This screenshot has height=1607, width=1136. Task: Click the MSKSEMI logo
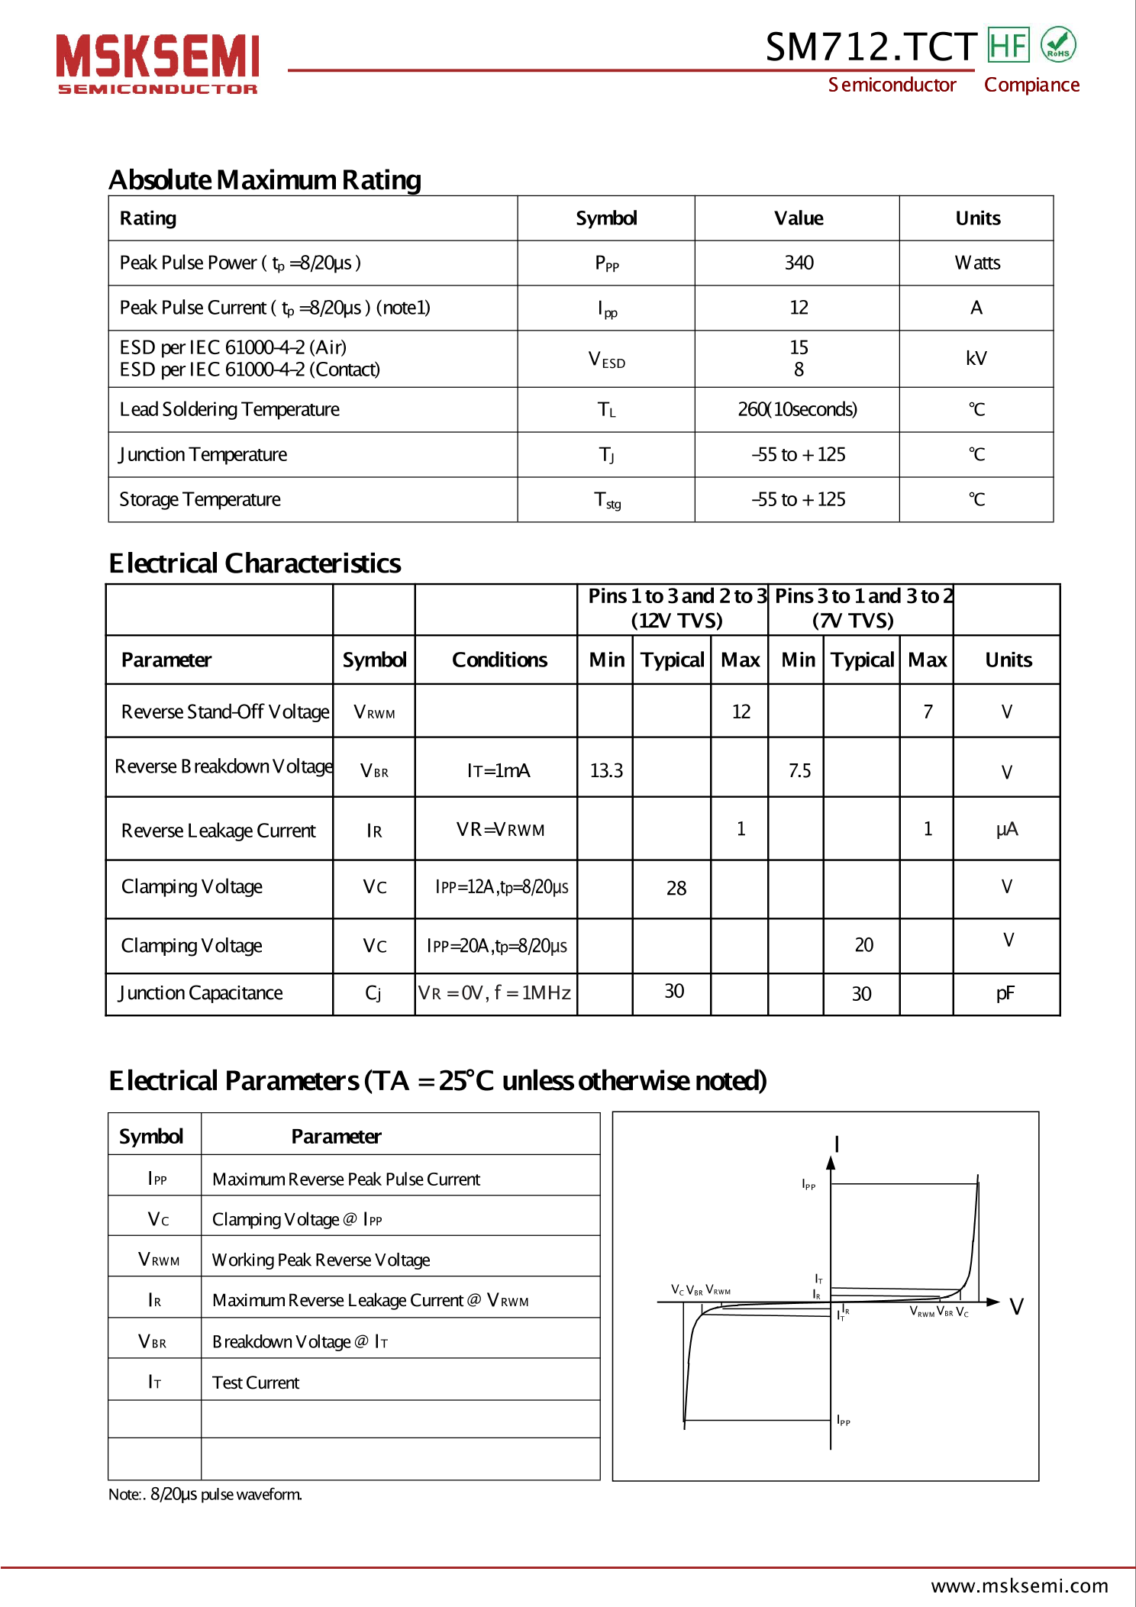157,63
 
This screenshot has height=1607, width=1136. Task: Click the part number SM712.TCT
870,47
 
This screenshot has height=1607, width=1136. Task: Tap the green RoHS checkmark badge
1057,44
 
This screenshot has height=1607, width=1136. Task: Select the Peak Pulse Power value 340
799,263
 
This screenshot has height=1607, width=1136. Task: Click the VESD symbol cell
606,359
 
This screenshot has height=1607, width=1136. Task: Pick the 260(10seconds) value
797,409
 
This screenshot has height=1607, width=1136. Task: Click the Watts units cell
976,263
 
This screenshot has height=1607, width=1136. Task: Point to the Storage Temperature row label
200,499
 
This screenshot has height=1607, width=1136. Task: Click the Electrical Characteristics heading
254,563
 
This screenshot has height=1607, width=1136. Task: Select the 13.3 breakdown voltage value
606,770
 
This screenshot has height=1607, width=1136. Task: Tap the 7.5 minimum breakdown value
799,770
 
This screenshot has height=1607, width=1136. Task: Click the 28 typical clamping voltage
676,888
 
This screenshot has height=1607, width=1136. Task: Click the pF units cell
1005,993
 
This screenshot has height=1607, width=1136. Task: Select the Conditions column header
499,660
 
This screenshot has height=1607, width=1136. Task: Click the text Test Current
256,1383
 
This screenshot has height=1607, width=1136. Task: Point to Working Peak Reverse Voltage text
321,1260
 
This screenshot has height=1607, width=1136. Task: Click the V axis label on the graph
1016,1307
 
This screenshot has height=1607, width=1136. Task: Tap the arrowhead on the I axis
831,1163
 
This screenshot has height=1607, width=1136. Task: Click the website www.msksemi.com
1019,1586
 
